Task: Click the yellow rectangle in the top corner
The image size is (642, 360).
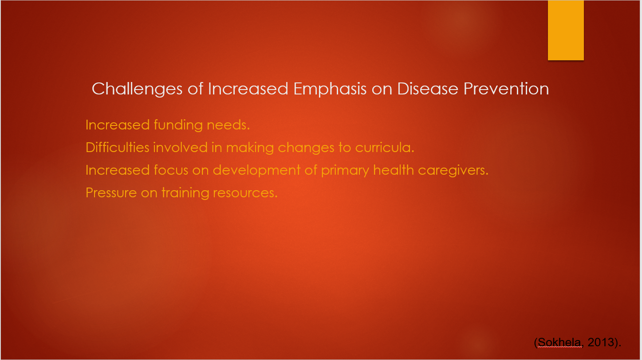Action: point(566,30)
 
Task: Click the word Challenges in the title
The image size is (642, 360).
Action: point(137,89)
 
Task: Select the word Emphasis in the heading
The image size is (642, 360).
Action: point(330,89)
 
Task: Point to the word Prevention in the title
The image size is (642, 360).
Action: point(506,89)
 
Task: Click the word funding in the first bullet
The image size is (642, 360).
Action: point(178,125)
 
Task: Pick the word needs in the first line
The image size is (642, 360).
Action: point(228,125)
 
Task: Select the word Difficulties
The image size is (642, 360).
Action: point(118,148)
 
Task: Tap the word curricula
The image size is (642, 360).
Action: point(385,148)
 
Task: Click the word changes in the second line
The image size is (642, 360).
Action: point(306,148)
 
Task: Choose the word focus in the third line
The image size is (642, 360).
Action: point(171,170)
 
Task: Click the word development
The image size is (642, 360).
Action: point(256,171)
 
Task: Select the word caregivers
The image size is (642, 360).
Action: point(453,171)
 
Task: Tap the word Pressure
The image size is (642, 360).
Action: point(111,193)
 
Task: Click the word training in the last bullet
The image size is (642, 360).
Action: point(185,193)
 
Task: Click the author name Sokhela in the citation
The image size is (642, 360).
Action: point(559,342)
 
